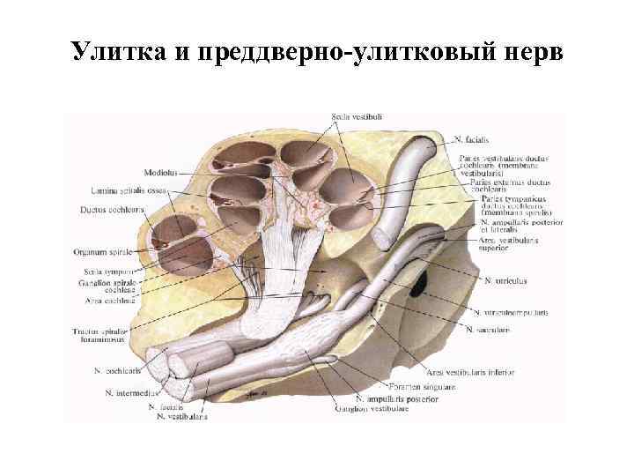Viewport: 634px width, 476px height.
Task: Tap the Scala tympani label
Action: (107, 271)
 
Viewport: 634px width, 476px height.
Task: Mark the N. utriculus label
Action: (505, 280)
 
